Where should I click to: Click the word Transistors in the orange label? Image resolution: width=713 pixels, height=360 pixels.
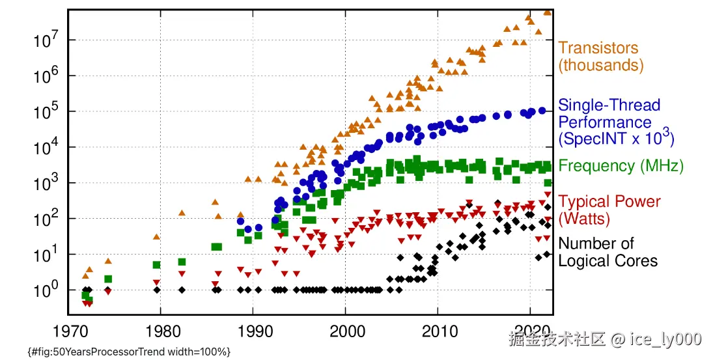pos(598,48)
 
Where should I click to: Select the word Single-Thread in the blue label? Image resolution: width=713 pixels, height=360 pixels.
pos(600,105)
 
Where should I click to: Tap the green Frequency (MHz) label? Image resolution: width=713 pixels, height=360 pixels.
pos(621,166)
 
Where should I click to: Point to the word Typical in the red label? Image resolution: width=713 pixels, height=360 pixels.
pos(583,202)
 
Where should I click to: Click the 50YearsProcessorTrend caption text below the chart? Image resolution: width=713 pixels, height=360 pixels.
pos(130,352)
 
